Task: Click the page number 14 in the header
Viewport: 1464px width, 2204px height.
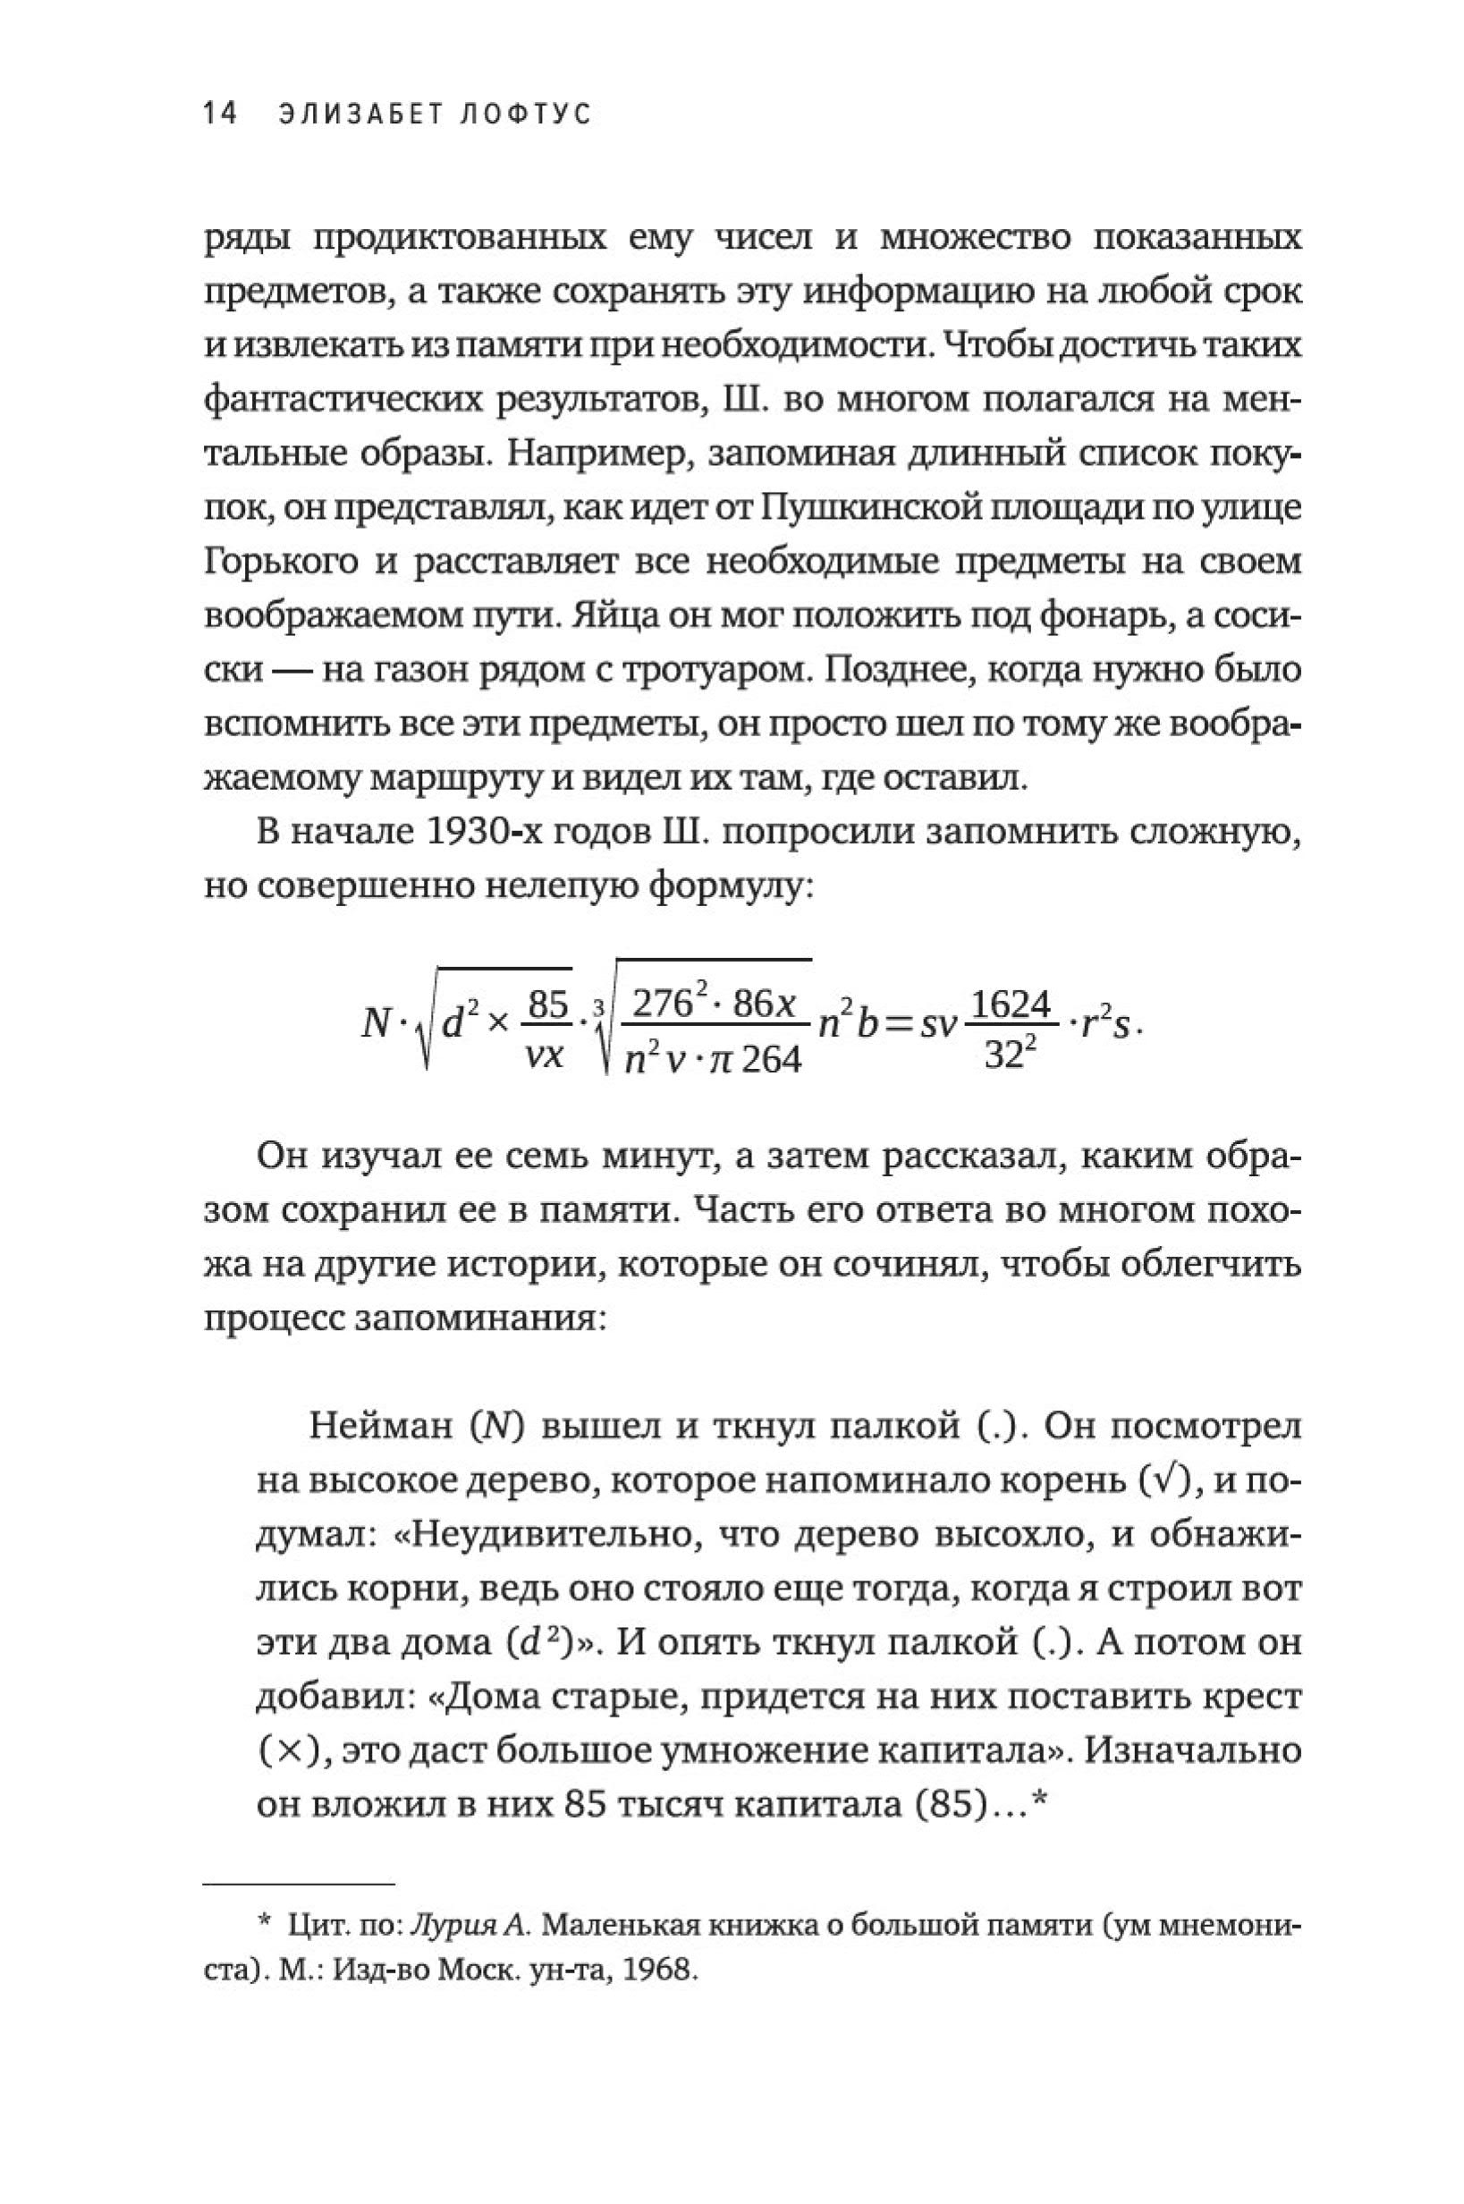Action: tap(221, 114)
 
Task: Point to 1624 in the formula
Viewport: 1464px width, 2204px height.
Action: tap(1012, 1005)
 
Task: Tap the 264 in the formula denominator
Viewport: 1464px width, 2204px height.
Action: tap(772, 1060)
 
